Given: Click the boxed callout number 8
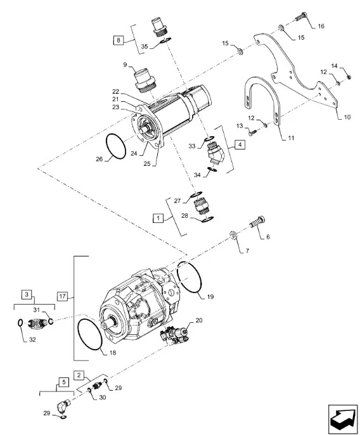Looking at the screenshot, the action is pos(119,41).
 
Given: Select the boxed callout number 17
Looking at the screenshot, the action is pos(62,296).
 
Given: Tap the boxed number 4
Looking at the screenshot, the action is pos(240,144).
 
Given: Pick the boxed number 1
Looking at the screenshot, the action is pos(158,218).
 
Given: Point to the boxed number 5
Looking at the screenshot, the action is pos(64,382).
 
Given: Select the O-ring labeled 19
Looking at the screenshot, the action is pos(189,277).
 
